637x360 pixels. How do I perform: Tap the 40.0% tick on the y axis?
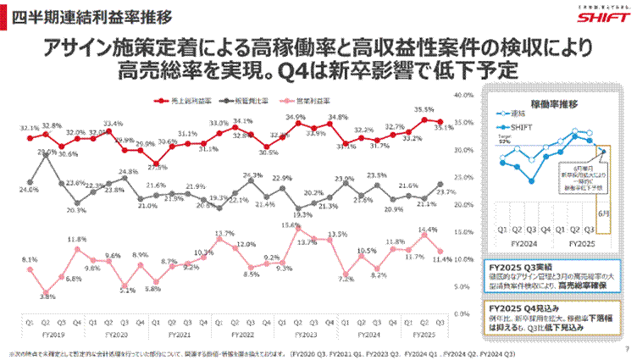click(465, 95)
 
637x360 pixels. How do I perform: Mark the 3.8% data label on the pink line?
click(47, 296)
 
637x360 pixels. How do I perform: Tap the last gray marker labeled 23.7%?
click(440, 185)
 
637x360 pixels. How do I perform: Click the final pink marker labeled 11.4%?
click(440, 251)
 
